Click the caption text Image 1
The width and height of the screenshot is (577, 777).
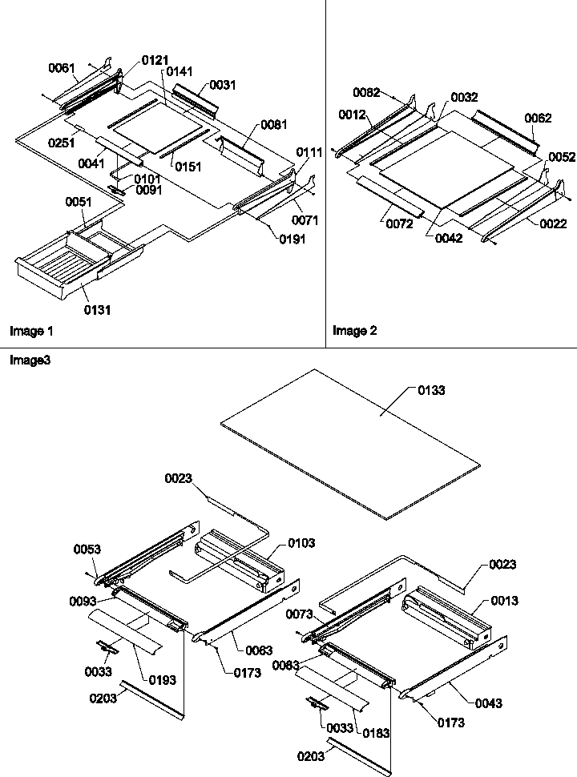point(31,330)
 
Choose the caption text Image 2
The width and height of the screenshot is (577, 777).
point(355,330)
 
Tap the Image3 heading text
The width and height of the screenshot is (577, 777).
point(30,360)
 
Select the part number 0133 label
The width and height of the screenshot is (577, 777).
point(431,390)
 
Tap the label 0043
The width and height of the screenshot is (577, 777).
point(488,703)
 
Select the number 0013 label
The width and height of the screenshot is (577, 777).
point(505,601)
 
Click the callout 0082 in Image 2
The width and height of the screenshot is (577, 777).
point(366,93)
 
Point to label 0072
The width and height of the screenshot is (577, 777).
point(398,224)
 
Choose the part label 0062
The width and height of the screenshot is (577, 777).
point(538,118)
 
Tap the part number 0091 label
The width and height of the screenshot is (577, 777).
point(148,190)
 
